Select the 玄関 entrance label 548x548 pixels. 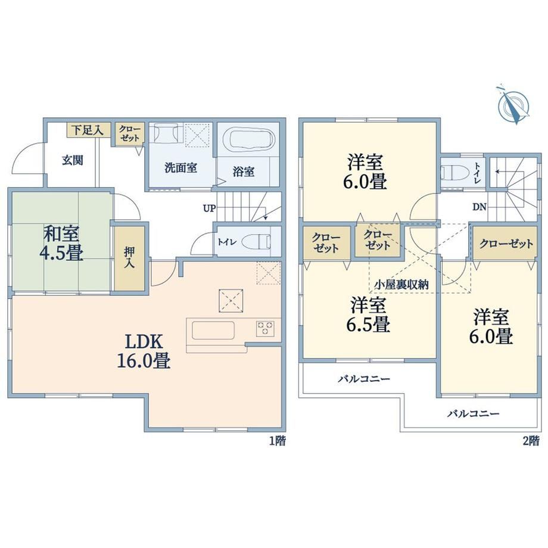tap(73, 160)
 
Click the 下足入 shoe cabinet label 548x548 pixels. tap(88, 130)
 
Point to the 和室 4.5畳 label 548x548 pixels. tap(61, 243)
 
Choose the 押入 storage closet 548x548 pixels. tap(130, 259)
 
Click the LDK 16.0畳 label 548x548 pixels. tap(144, 351)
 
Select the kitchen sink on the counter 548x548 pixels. tap(213, 330)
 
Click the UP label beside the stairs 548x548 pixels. tap(209, 208)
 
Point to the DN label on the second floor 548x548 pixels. tap(479, 207)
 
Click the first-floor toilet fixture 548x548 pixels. tap(256, 241)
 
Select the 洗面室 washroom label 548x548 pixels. tap(180, 168)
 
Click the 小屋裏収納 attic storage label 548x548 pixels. tap(401, 285)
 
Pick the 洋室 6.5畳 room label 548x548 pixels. tap(368, 315)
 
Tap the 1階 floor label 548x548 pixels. tap(278, 441)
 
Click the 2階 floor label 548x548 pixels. tap(531, 441)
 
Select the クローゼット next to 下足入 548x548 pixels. tap(129, 133)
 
